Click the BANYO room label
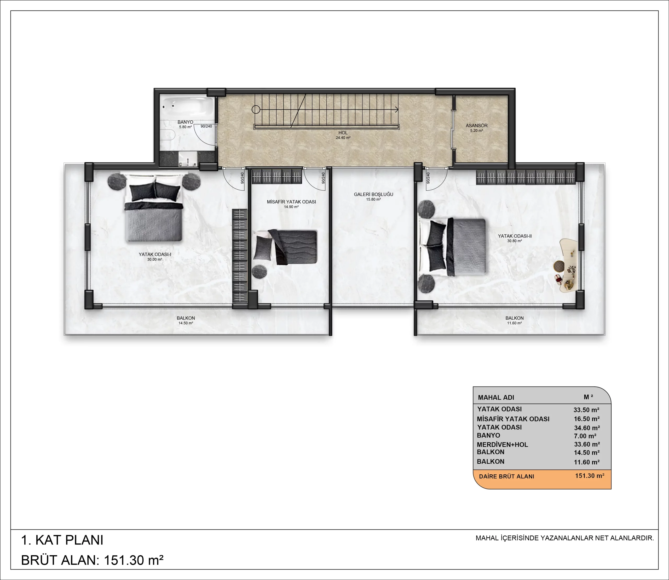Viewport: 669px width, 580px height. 185,122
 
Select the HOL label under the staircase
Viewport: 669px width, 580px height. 343,133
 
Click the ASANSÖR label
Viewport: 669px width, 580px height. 476,126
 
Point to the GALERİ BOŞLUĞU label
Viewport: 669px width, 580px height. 373,194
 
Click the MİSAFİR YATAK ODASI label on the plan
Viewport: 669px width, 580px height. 291,202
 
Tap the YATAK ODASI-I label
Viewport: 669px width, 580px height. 155,254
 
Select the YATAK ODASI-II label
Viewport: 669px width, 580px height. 515,236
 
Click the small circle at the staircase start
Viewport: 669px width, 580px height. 256,110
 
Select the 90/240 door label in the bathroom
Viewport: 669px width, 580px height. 206,126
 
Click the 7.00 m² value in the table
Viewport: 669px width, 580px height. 585,436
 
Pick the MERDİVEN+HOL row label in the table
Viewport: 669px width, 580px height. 502,445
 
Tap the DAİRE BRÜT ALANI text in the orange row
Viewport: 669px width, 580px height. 506,476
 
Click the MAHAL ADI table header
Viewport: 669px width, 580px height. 496,397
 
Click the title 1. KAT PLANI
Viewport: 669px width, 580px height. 62,540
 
